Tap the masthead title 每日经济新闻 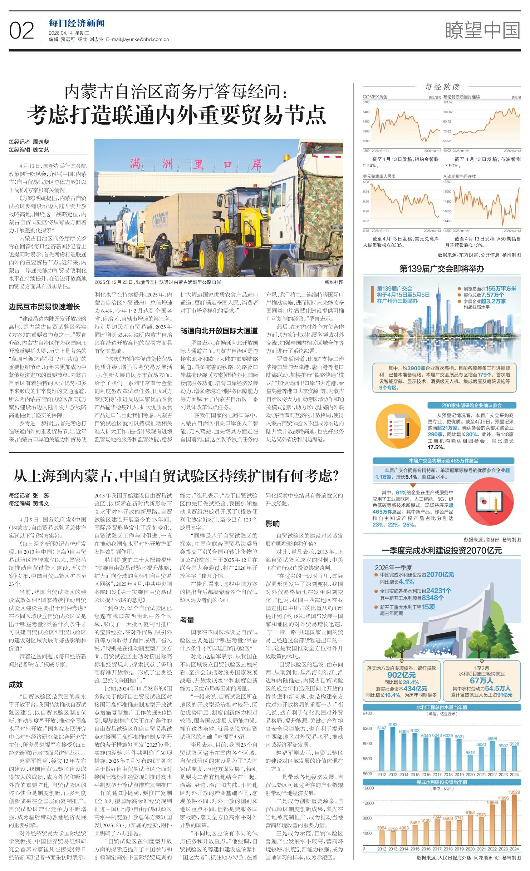(x=77, y=24)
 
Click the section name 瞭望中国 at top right (x=482, y=30)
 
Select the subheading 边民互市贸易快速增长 (x=44, y=307)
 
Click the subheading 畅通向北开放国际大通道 (x=219, y=331)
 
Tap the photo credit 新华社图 (x=334, y=282)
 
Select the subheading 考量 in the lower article (x=187, y=620)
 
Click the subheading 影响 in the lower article (x=273, y=524)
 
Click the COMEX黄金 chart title (x=375, y=97)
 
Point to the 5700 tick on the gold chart (x=366, y=102)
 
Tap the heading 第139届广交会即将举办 (x=442, y=269)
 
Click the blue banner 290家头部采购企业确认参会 (x=472, y=405)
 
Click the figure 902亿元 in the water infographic (x=401, y=675)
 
